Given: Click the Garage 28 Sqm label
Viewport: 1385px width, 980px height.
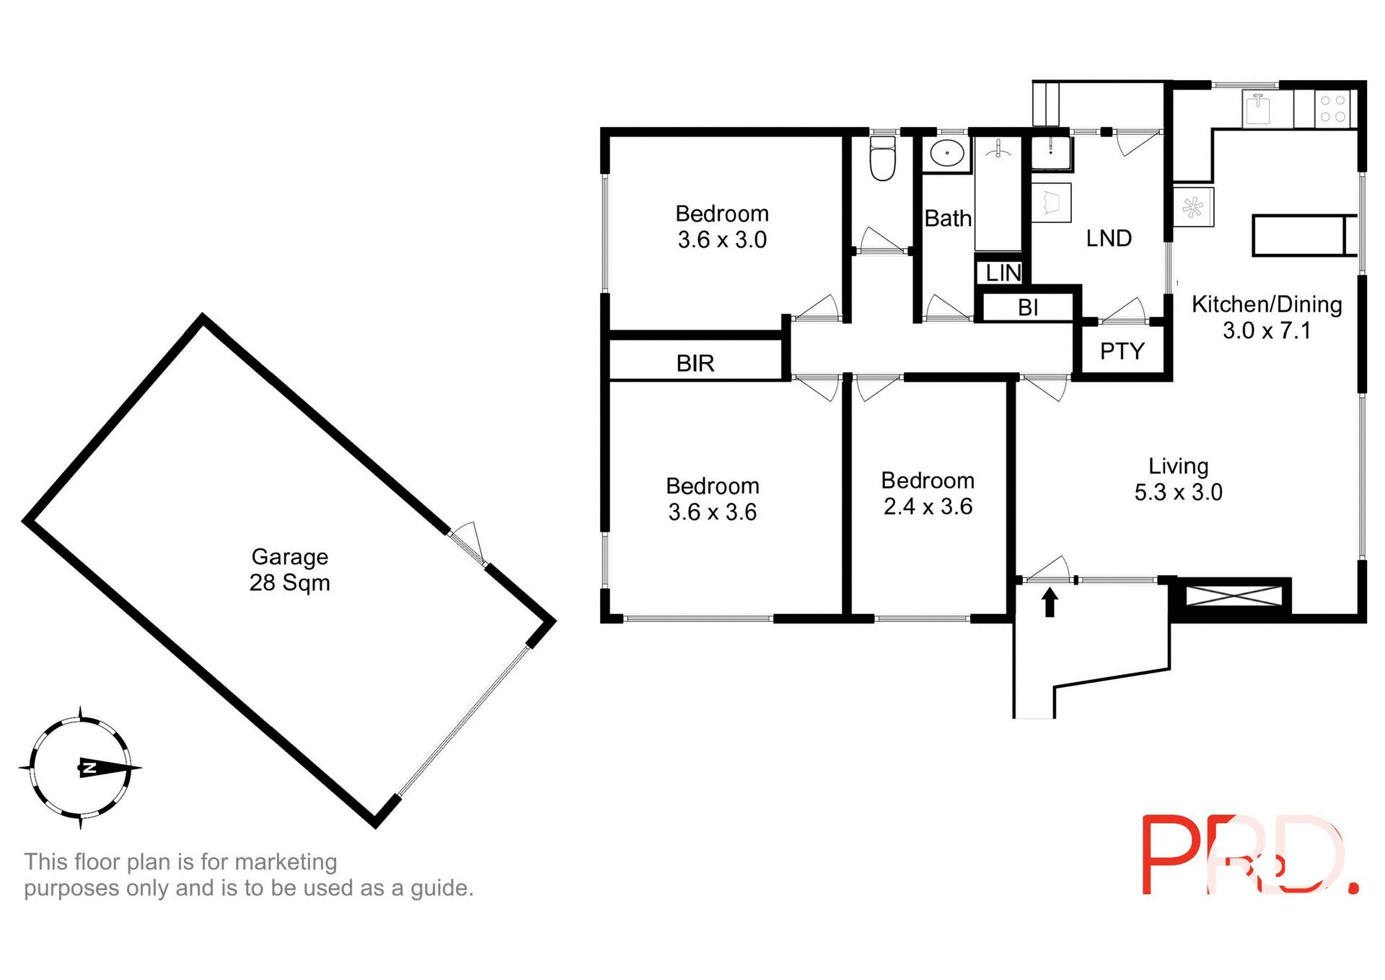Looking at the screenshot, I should point(289,569).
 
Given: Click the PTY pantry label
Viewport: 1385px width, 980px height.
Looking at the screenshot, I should point(1122,351).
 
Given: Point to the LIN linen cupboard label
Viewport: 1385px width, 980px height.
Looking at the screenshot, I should point(1003,273).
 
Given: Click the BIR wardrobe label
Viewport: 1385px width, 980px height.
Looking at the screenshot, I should point(695,364).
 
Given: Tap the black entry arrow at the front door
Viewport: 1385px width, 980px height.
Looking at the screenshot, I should point(1050,602).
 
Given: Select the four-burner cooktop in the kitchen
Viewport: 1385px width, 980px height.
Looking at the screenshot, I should point(1332,108).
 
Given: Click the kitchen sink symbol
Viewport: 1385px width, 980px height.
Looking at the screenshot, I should point(1257,109).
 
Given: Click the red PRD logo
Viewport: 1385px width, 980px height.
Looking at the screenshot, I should point(1249,856).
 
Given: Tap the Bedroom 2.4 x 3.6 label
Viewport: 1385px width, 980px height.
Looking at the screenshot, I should point(928,494).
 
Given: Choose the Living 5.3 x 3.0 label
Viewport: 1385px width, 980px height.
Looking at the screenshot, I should point(1178,479).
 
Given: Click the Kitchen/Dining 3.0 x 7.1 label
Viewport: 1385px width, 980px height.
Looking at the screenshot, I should point(1266,318).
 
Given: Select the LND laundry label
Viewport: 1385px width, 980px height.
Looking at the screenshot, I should point(1109,238).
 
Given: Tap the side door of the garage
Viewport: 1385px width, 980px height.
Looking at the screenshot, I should point(467,543).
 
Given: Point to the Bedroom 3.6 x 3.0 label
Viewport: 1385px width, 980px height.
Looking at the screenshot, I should point(722,227).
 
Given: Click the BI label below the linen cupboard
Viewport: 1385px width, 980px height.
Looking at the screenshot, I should point(1028,308).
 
